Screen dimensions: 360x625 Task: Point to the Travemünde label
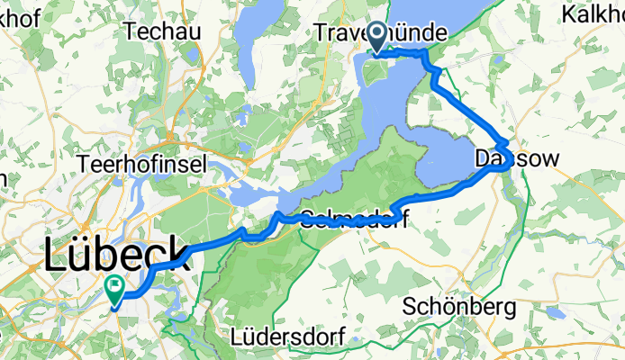tap(381, 32)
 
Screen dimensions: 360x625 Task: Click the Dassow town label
tap(517, 158)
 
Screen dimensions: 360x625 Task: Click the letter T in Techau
tap(131, 31)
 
